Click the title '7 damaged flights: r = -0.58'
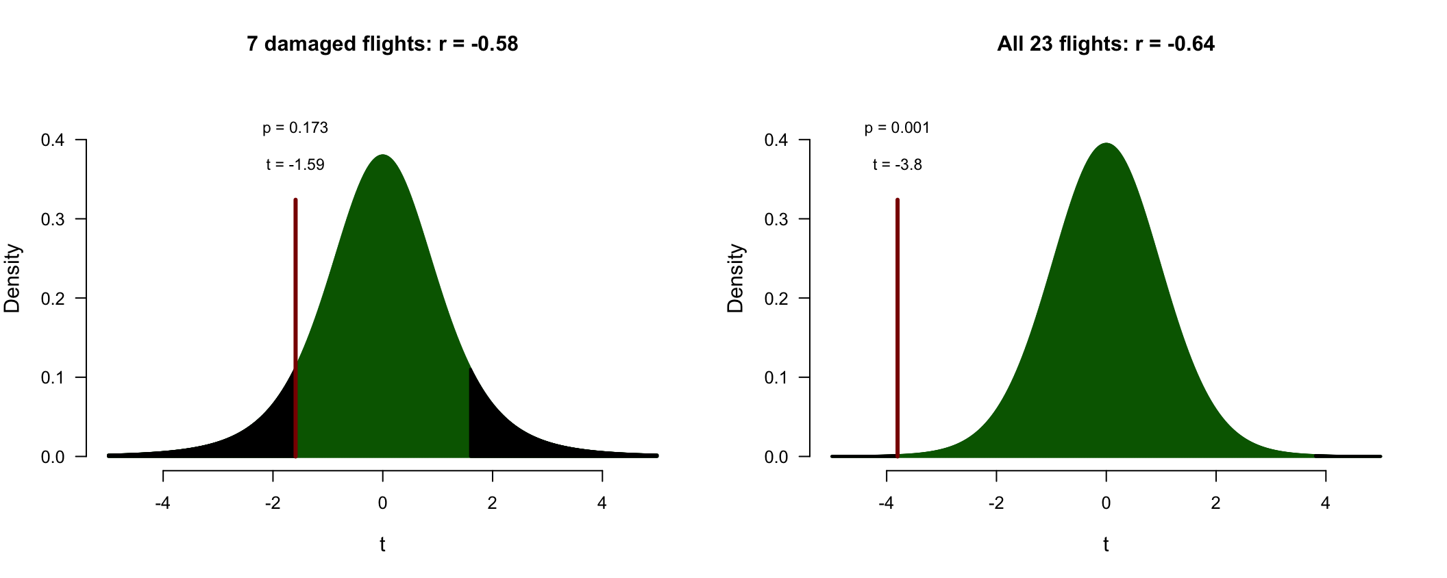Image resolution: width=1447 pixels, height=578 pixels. (382, 44)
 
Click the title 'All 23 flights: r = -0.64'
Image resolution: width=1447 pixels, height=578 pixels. (1106, 44)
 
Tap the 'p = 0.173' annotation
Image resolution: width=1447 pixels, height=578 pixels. (295, 128)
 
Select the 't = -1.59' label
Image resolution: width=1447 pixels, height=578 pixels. (295, 164)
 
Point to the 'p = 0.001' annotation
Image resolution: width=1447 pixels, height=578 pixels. (897, 128)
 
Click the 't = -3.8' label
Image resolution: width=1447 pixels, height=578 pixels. (898, 164)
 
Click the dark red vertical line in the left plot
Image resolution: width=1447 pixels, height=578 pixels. (295, 328)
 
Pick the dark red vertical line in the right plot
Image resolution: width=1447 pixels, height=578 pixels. (898, 328)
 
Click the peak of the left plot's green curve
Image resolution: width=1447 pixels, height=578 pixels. (383, 155)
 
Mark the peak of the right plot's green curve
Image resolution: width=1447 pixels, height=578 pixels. (1106, 144)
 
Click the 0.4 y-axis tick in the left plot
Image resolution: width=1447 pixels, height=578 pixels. (80, 140)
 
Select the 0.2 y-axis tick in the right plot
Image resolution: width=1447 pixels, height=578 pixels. (804, 298)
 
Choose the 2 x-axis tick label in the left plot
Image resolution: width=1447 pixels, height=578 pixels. (492, 503)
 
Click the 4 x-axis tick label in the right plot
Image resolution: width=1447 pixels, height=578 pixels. (1326, 503)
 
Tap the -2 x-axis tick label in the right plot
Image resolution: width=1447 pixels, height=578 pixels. (996, 503)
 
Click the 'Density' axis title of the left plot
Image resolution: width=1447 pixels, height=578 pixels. (12, 278)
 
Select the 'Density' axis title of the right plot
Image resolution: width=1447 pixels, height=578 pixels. (736, 278)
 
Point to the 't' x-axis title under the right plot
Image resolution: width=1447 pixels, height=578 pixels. (1106, 544)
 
